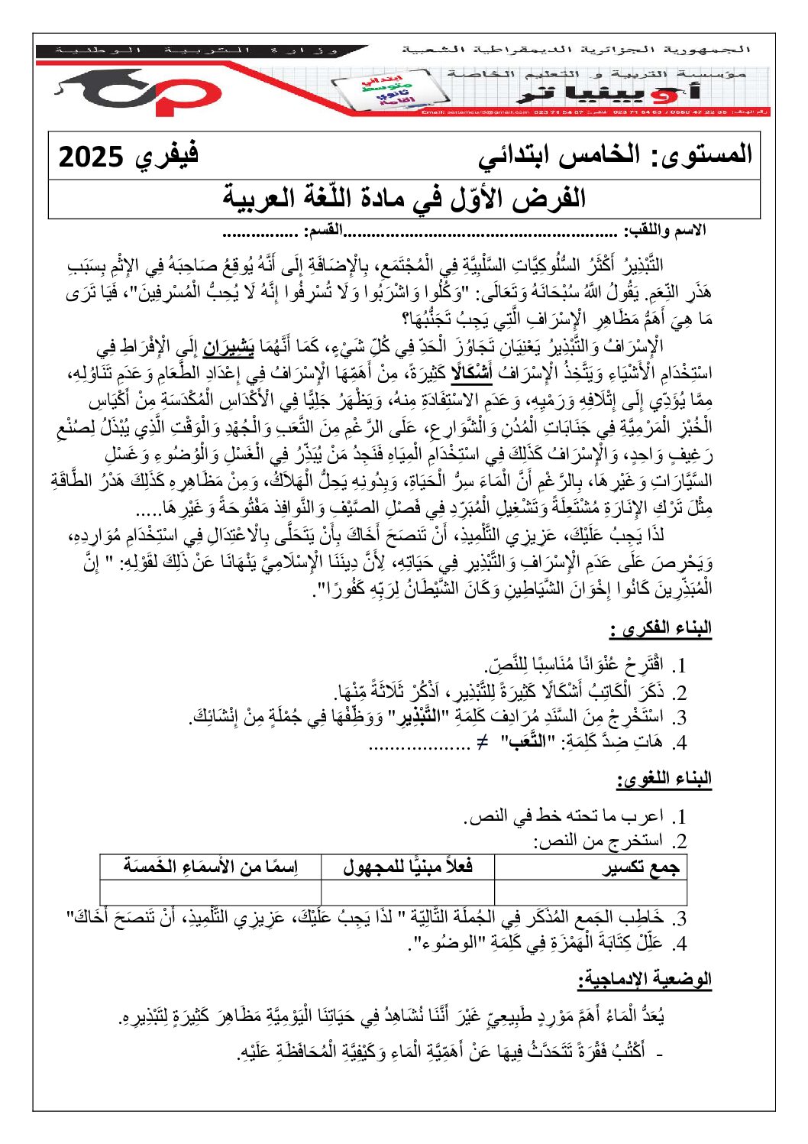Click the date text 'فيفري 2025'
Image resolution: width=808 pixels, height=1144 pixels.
tap(128, 157)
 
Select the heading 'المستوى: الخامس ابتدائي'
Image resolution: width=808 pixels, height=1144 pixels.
tap(616, 156)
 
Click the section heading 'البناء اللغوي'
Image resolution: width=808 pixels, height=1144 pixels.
tap(664, 779)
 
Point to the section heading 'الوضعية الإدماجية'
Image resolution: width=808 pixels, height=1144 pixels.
tap(645, 979)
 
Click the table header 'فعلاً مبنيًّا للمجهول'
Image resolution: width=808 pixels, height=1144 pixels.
tap(408, 867)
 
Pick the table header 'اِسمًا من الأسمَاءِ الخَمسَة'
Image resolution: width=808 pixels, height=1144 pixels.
tap(211, 867)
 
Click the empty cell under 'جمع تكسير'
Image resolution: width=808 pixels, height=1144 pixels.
tap(590, 892)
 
